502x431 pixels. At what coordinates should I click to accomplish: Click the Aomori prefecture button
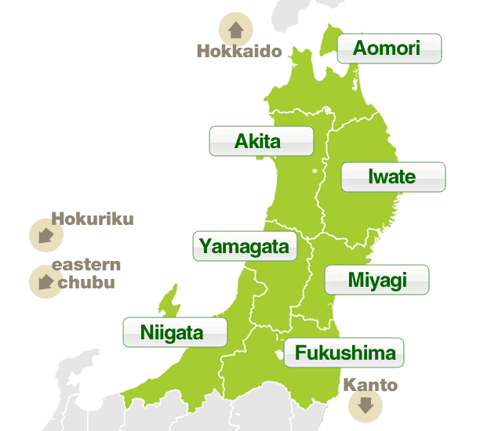389,49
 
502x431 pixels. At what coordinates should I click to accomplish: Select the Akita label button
260,141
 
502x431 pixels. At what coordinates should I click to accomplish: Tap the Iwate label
393,176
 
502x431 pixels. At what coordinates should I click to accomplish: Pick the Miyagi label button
376,280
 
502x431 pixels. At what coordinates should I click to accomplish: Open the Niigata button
174,332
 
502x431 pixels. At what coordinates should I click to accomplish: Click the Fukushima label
345,353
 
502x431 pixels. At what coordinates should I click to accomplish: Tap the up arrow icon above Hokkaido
235,29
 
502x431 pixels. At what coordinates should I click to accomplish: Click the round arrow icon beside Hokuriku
45,235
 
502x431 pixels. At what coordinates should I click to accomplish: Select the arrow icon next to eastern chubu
45,281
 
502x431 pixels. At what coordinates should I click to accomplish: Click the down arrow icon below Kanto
365,406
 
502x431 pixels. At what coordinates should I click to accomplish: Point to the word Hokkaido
238,53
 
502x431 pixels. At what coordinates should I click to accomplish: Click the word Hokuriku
92,219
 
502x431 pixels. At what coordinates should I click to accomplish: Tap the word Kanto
370,386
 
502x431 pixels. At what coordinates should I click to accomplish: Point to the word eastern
85,265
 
